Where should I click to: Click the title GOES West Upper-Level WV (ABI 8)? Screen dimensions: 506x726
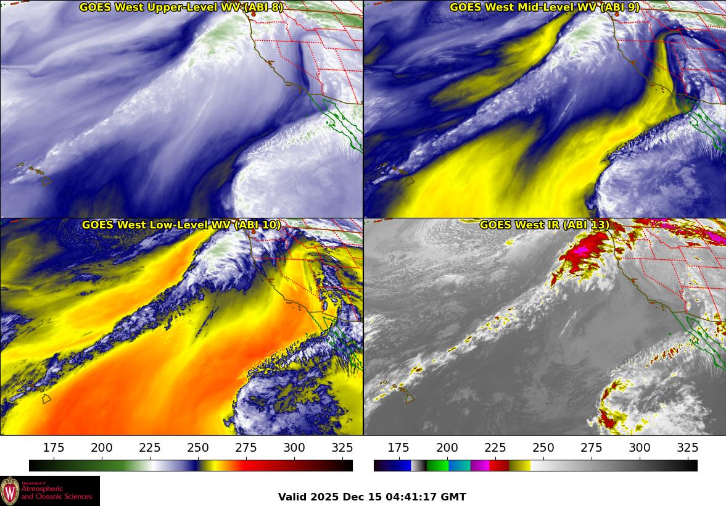tap(181, 7)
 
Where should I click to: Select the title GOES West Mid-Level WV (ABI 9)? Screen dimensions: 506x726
tap(544, 7)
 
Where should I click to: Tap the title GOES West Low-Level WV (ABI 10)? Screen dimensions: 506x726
tap(181, 225)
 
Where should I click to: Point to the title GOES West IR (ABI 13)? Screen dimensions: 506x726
tap(544, 225)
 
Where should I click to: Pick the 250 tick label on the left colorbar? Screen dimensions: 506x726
tap(198, 448)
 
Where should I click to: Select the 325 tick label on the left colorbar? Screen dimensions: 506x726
tap(342, 448)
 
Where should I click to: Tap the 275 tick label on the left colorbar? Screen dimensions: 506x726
tap(246, 448)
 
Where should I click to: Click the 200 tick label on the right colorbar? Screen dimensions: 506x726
tap(447, 448)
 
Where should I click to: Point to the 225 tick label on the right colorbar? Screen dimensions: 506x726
tap(495, 448)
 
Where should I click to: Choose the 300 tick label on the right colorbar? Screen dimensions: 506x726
tap(639, 448)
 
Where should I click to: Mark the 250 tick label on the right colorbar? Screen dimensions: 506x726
tap(543, 448)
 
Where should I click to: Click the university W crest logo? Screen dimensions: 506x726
tap(10, 491)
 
